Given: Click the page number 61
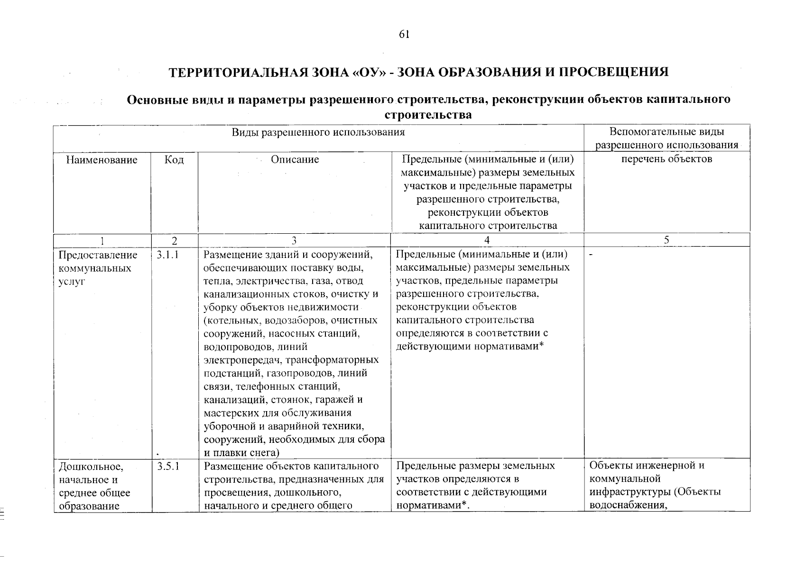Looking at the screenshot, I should click(404, 35).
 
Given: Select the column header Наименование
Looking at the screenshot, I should click(102, 160).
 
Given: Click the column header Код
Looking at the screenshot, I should click(174, 160).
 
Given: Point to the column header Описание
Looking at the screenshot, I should click(295, 160).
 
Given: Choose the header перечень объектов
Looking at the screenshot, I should click(666, 159).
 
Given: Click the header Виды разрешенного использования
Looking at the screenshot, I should click(318, 132).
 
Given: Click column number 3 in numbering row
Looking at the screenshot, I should click(294, 240).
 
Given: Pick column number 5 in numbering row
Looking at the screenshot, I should click(666, 240).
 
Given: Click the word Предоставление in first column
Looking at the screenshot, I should click(97, 256).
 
